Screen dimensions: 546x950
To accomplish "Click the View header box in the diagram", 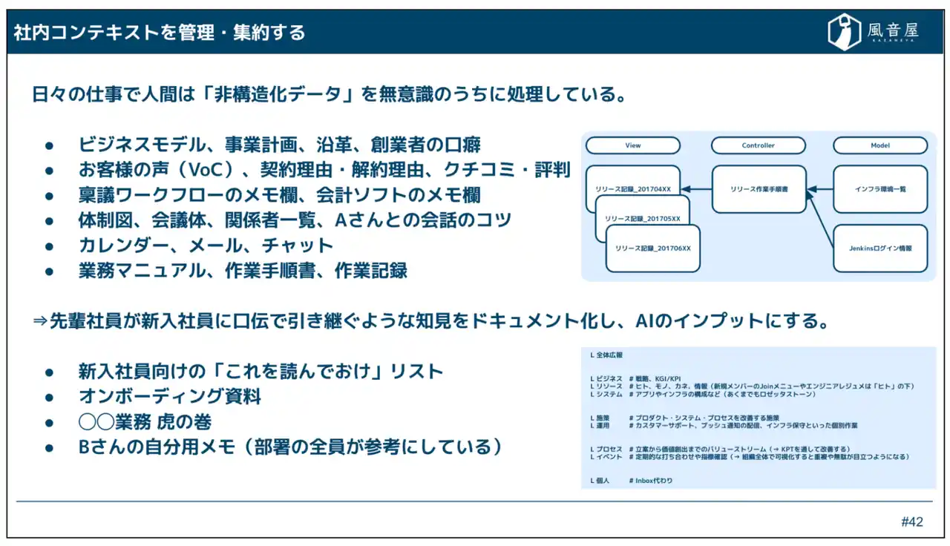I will [x=632, y=145].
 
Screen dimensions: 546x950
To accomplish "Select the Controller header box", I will [x=758, y=145].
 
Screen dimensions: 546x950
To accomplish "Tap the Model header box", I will [x=880, y=145].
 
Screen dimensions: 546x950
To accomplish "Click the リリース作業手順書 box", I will [x=759, y=189].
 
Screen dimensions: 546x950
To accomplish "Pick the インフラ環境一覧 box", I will [x=880, y=189].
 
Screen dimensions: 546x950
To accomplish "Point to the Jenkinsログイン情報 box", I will [x=880, y=248].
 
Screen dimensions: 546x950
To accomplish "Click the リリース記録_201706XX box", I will [x=653, y=248].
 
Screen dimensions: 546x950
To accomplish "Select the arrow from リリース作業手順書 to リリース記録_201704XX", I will [x=696, y=189].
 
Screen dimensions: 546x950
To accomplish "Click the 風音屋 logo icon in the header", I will [x=844, y=32].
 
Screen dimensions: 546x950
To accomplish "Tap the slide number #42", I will [x=912, y=522].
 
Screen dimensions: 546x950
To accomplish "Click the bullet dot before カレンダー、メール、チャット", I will [x=50, y=246].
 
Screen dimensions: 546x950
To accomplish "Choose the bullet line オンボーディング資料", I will [x=170, y=396].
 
